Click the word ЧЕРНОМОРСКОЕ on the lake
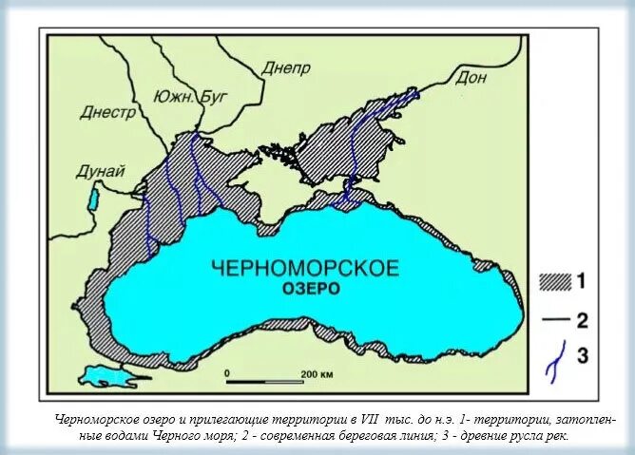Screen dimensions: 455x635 [x=302, y=267]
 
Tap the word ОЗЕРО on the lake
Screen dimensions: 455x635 [x=310, y=288]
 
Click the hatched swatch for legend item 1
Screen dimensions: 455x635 [x=553, y=281]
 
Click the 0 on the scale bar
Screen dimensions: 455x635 [x=227, y=373]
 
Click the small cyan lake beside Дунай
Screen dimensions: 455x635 [x=93, y=199]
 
